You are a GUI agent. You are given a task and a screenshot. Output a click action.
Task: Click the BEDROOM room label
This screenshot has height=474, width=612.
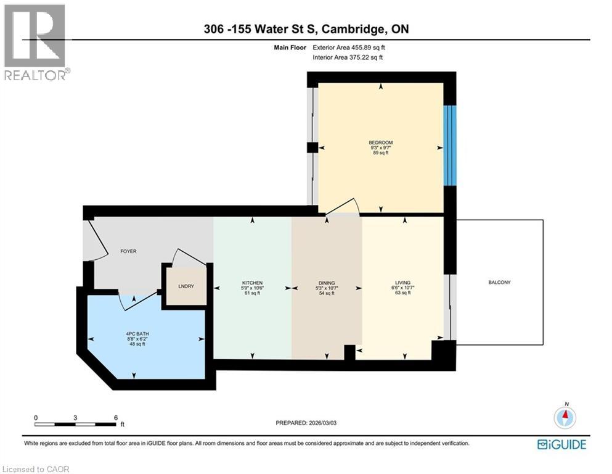click(x=380, y=143)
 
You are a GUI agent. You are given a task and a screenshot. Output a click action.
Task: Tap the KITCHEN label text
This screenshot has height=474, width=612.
click(x=252, y=283)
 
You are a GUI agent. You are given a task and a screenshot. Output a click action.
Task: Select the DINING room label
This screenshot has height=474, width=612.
click(x=327, y=283)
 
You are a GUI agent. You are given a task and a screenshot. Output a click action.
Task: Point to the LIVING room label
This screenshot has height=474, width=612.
click(x=402, y=283)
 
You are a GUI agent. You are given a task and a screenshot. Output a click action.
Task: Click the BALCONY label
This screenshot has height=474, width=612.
click(x=499, y=282)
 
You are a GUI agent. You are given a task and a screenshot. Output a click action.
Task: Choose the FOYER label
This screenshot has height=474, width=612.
click(x=128, y=251)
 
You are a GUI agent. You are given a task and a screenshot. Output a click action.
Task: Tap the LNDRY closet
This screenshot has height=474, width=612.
click(x=186, y=286)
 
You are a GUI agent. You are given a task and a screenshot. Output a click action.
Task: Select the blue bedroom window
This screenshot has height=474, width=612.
click(x=450, y=145)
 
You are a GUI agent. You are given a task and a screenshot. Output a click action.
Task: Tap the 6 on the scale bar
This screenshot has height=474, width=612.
click(x=115, y=417)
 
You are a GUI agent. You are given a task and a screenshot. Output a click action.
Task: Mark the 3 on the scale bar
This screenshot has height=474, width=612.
click(x=75, y=417)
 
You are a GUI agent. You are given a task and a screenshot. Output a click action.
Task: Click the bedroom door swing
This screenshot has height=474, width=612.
click(x=342, y=207)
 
